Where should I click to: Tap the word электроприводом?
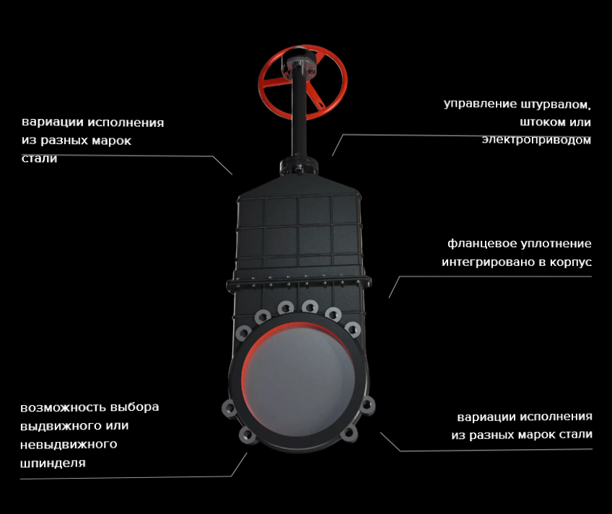(536, 140)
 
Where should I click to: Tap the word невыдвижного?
(69, 445)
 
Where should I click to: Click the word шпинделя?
(53, 464)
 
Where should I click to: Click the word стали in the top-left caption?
(40, 159)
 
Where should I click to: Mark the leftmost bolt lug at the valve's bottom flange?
(229, 409)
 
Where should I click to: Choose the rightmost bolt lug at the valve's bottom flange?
(367, 406)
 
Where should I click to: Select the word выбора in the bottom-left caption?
(135, 407)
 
